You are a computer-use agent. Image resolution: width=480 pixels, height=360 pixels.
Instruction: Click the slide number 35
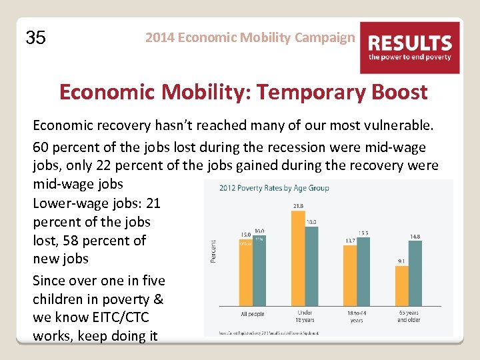(x=35, y=38)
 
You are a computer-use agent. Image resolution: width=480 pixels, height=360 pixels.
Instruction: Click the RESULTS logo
(x=410, y=47)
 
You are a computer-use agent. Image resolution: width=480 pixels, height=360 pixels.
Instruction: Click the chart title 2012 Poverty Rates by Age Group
(x=274, y=188)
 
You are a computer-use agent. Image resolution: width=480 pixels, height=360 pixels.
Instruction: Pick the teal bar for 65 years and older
(x=415, y=273)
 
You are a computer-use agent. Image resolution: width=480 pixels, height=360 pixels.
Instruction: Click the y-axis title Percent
(x=213, y=251)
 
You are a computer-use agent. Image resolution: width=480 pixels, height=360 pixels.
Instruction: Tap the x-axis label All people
(x=252, y=313)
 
